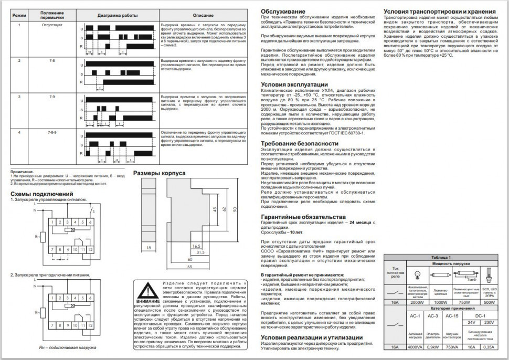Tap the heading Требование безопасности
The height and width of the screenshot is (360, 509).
click(x=299, y=143)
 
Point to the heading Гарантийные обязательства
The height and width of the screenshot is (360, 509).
click(x=303, y=216)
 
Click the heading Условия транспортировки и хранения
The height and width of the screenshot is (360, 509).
click(x=439, y=11)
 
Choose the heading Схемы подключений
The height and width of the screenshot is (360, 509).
click(x=41, y=194)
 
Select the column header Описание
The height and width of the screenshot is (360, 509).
click(x=199, y=15)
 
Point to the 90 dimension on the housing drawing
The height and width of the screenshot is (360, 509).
click(x=236, y=210)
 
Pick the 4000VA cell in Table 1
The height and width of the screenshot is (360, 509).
click(x=417, y=347)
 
